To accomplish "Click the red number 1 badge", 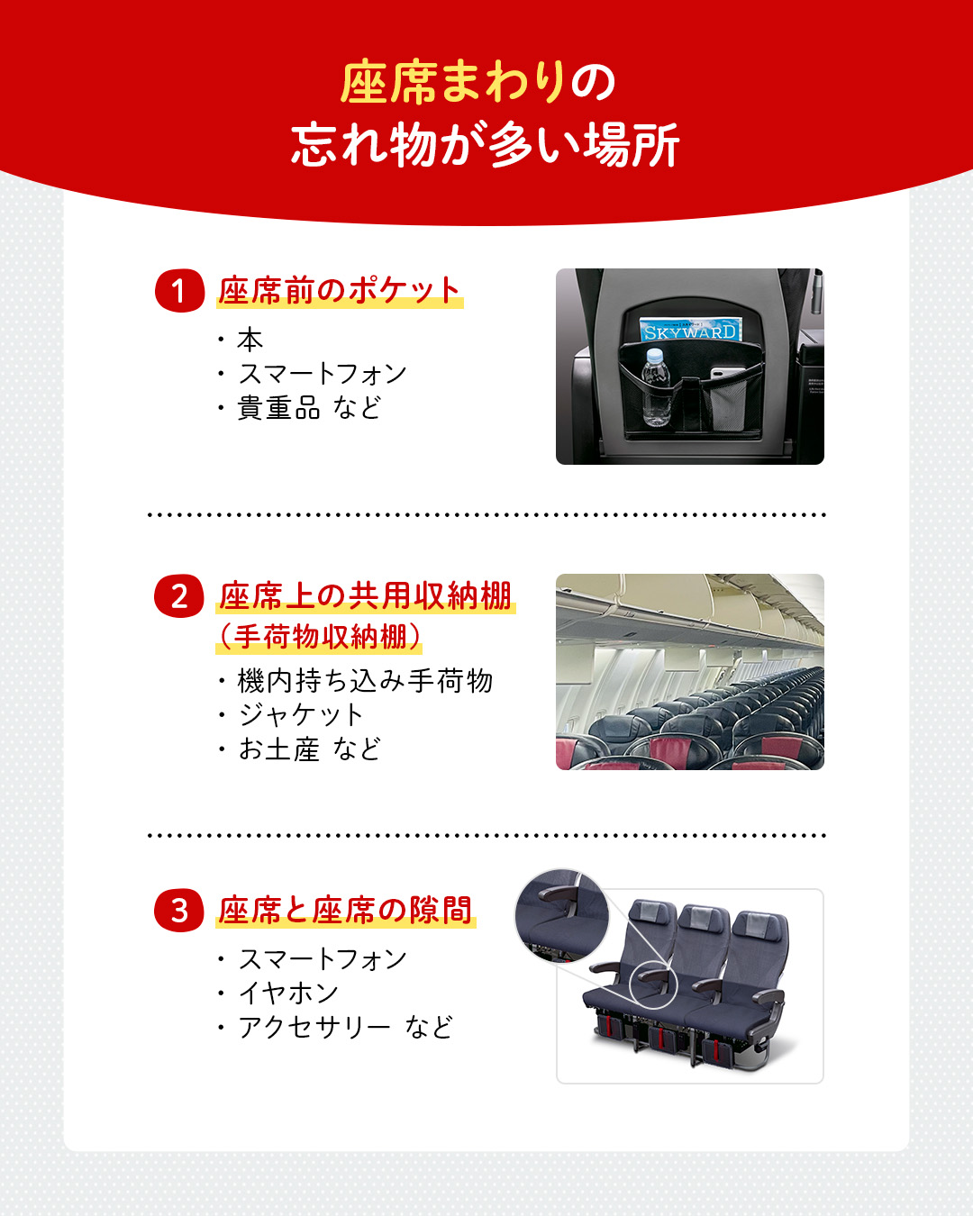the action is tap(179, 290).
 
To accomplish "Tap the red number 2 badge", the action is tap(178, 596).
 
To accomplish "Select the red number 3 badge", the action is tap(178, 911).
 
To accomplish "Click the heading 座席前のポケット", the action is tap(340, 290).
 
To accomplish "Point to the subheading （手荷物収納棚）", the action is tap(320, 637).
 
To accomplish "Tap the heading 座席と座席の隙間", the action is tap(345, 910).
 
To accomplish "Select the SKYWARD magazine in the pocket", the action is tap(690, 329).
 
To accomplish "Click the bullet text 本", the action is tap(250, 340).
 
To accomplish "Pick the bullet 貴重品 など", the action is tap(309, 407).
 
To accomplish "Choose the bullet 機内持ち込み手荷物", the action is tap(365, 680).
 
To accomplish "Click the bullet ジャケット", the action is tap(300, 715).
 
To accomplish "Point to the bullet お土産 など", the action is tap(309, 749).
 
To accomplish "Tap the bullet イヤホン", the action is tap(288, 993).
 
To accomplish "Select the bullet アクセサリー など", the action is tap(345, 1027).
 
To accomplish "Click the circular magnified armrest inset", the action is tap(562, 915).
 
